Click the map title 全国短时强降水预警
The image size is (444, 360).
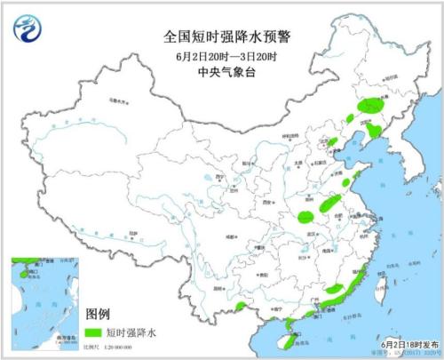(220, 36)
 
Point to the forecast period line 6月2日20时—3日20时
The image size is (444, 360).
(220, 56)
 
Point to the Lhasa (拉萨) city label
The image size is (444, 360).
(135, 233)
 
